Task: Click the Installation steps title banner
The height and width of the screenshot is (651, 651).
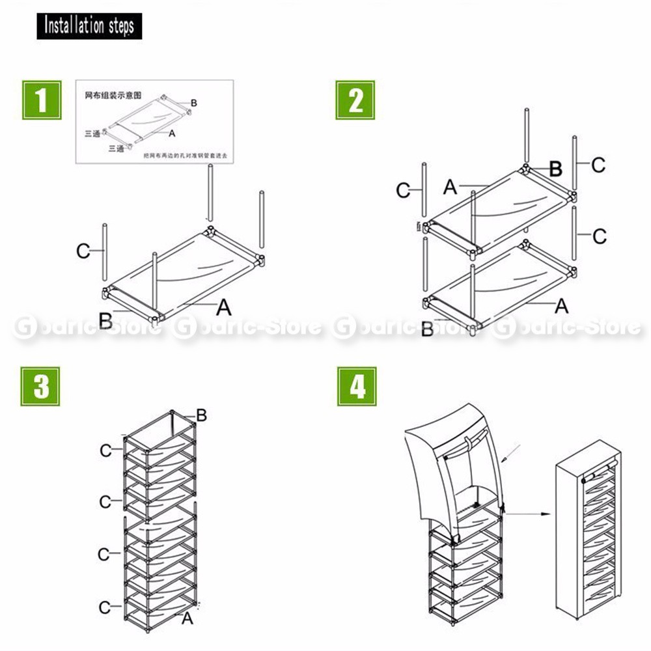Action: pyautogui.click(x=89, y=26)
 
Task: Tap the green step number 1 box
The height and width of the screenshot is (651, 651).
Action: pyautogui.click(x=42, y=100)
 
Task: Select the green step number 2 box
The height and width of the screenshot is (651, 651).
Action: pyautogui.click(x=355, y=100)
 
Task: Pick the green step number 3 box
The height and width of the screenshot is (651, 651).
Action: pyautogui.click(x=41, y=386)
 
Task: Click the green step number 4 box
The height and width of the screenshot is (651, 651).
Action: pyautogui.click(x=356, y=386)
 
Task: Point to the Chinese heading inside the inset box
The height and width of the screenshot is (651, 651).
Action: pyautogui.click(x=113, y=95)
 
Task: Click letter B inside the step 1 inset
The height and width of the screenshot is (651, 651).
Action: pyautogui.click(x=193, y=103)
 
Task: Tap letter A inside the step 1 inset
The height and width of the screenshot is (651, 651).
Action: pyautogui.click(x=172, y=133)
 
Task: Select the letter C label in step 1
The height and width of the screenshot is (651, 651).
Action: pyautogui.click(x=83, y=251)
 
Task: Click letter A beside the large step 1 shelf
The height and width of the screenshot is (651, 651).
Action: pyautogui.click(x=223, y=305)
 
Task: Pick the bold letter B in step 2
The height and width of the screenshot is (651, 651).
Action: pyautogui.click(x=555, y=169)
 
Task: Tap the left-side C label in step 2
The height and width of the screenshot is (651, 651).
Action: pyautogui.click(x=404, y=191)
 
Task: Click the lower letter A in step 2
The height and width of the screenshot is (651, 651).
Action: pyautogui.click(x=561, y=305)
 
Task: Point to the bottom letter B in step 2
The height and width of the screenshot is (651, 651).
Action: pyautogui.click(x=427, y=329)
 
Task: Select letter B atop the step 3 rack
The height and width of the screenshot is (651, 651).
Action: pyautogui.click(x=201, y=415)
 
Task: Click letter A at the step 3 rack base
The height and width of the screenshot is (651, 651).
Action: pyautogui.click(x=187, y=618)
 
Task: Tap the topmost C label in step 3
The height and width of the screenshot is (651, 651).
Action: pyautogui.click(x=105, y=450)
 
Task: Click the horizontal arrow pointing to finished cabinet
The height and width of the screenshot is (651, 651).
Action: pyautogui.click(x=527, y=514)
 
